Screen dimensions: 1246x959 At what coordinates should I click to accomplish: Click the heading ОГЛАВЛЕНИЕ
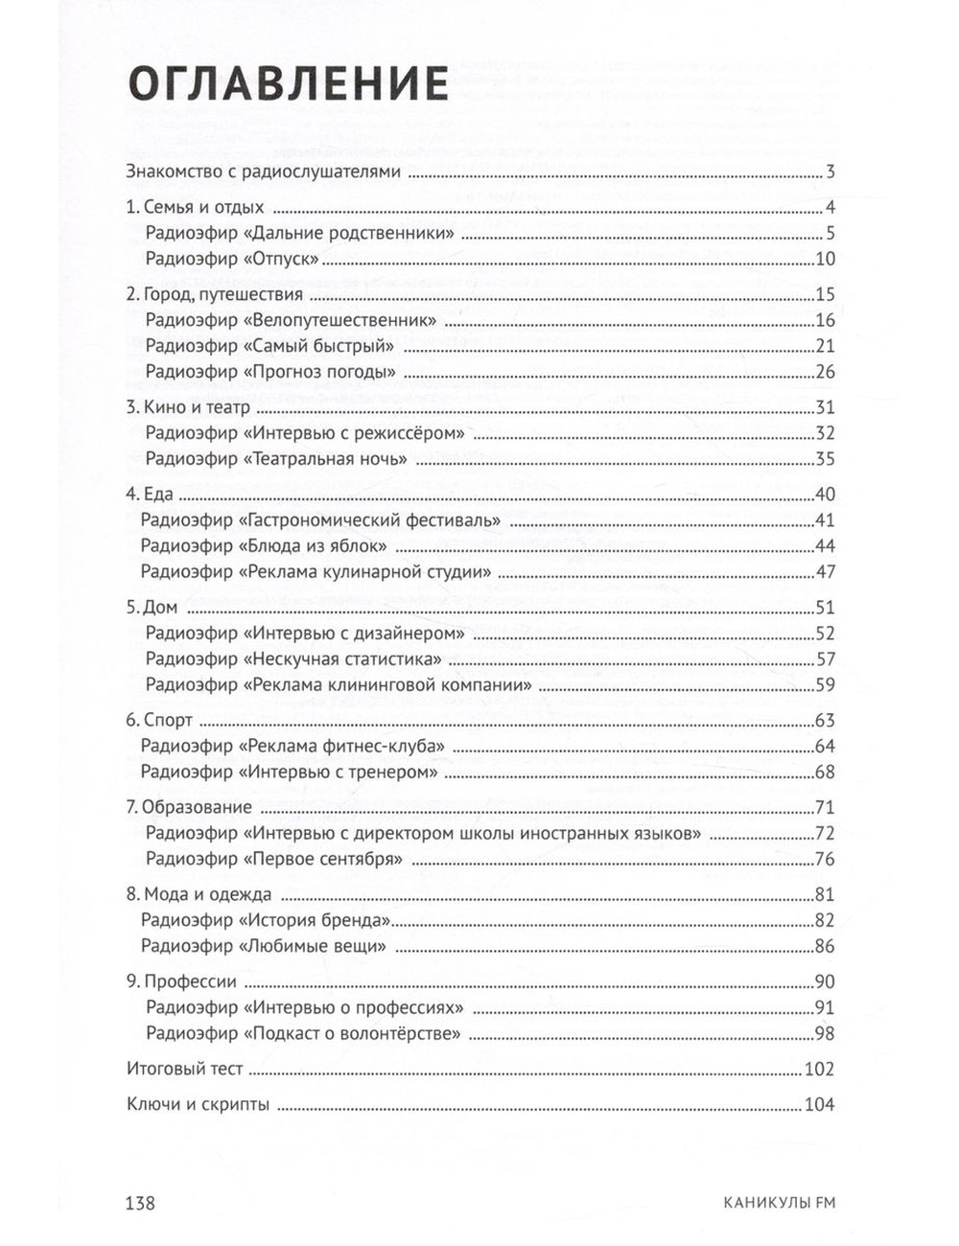[x=288, y=85]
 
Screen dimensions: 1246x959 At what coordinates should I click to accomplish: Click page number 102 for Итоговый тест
[x=820, y=1070]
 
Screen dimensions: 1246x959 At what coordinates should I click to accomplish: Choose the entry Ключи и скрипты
[x=198, y=1104]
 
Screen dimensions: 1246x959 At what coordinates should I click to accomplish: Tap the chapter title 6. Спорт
[x=159, y=721]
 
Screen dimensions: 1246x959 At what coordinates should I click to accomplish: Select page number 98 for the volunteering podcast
[x=825, y=1033]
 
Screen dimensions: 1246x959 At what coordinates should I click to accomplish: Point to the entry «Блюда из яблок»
[x=263, y=546]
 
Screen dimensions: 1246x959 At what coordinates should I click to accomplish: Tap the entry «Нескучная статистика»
[x=293, y=659]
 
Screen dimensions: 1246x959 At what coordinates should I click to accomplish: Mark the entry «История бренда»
[x=265, y=920]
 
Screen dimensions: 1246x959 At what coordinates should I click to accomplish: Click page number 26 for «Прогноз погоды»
[x=825, y=372]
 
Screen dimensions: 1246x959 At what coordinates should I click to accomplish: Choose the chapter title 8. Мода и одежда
[x=199, y=894]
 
